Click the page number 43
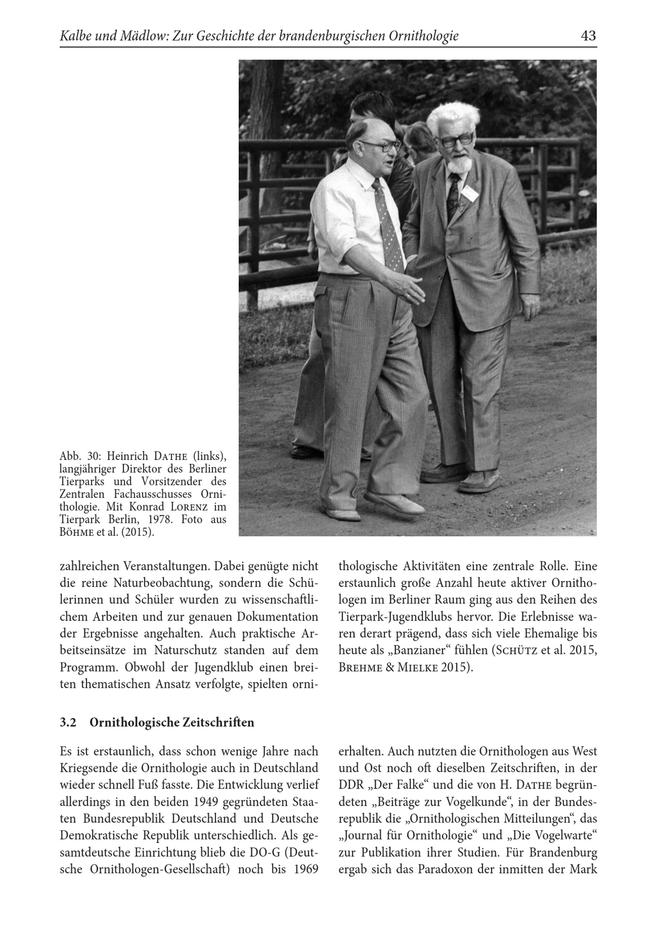[588, 36]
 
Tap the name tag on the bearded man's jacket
[470, 193]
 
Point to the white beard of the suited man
[461, 165]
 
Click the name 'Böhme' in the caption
[77, 532]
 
